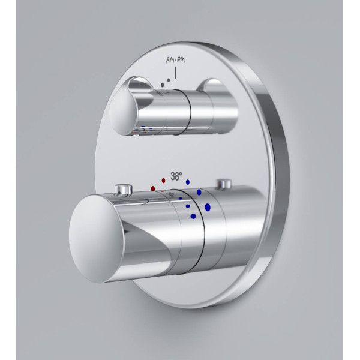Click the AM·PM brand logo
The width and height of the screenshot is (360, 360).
(175, 60)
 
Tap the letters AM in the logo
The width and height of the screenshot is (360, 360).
(170, 60)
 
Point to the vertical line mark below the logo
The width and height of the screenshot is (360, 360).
(176, 73)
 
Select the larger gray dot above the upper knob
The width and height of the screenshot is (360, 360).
(163, 85)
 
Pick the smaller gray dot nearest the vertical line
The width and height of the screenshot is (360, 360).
(169, 80)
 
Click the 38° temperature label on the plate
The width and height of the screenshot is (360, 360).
(176, 176)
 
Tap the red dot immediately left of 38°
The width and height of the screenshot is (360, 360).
(163, 181)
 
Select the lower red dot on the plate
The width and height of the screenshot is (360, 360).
(153, 188)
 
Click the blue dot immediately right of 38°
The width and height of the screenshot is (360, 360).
(188, 182)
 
